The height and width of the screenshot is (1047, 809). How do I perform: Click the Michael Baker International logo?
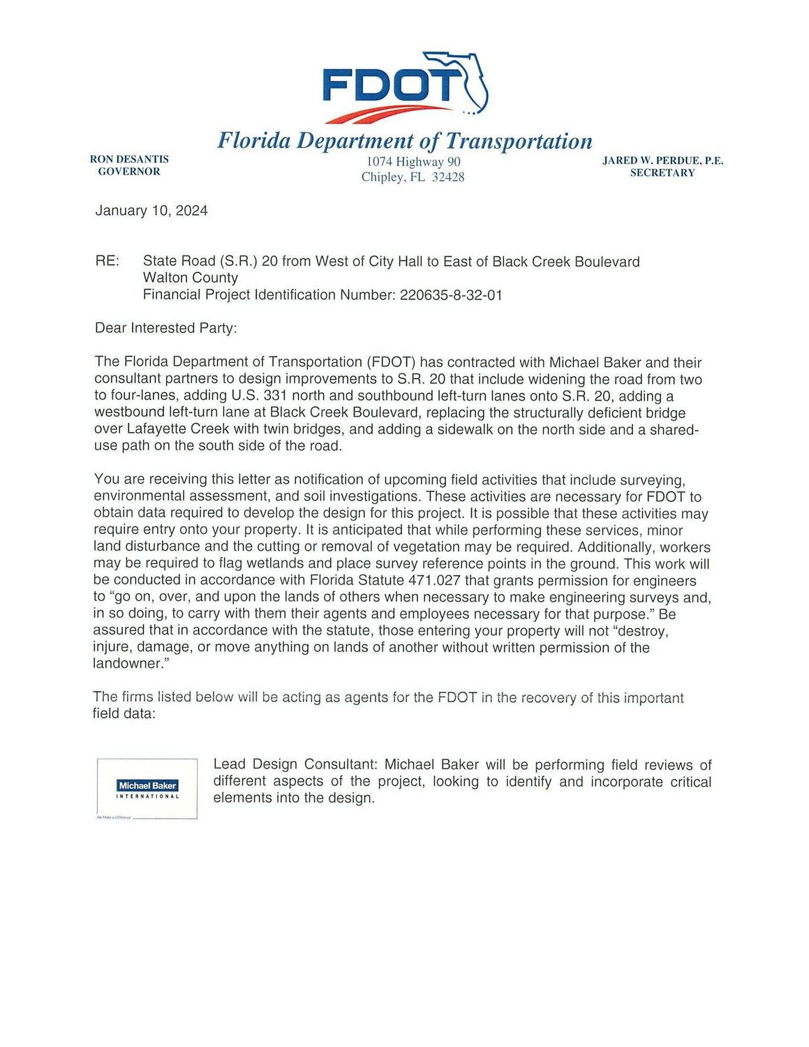click(147, 789)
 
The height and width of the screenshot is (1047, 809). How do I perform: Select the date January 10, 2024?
click(151, 211)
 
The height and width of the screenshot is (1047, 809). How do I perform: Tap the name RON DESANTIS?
click(129, 159)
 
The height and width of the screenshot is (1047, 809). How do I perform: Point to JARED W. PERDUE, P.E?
click(662, 161)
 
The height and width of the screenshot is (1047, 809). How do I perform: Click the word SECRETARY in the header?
click(662, 173)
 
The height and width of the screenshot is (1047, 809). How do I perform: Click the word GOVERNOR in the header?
click(129, 172)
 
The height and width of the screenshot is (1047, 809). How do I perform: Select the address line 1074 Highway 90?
click(413, 162)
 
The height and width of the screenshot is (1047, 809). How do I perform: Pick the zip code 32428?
click(448, 177)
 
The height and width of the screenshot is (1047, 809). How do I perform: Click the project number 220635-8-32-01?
click(451, 295)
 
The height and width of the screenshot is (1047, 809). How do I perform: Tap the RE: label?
click(107, 262)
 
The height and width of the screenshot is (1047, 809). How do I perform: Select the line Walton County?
click(191, 278)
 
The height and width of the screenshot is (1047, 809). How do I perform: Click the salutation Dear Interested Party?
click(165, 328)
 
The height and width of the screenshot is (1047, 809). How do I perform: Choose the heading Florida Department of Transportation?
click(405, 141)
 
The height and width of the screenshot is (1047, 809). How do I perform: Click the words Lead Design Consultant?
click(295, 765)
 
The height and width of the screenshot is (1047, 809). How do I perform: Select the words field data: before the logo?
click(124, 714)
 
